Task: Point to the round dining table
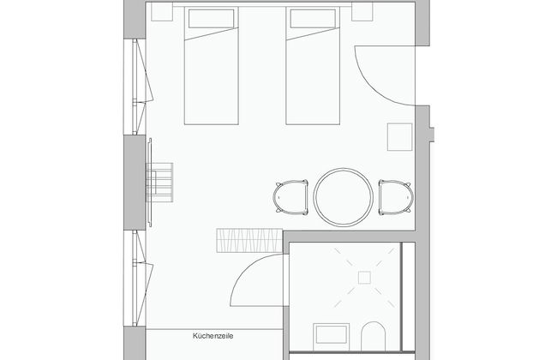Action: (x=343, y=197)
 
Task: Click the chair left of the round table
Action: (x=290, y=197)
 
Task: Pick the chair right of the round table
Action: (x=395, y=197)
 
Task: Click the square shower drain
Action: (x=364, y=276)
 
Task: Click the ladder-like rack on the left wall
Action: (x=160, y=179)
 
